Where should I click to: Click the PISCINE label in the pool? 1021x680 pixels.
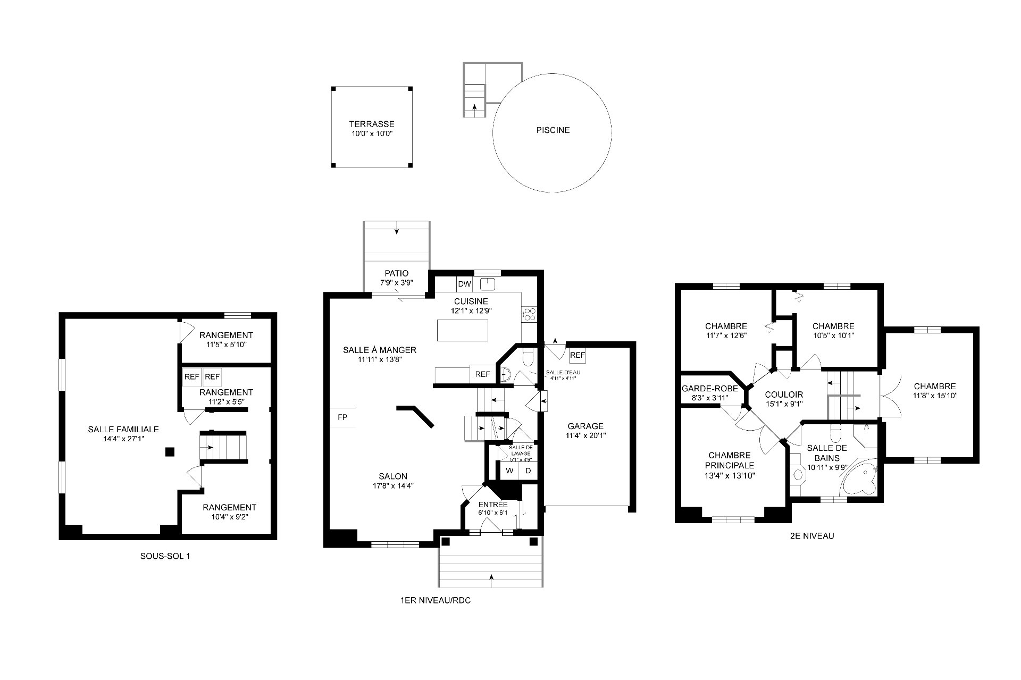(x=553, y=130)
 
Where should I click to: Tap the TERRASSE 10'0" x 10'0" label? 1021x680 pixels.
(x=372, y=129)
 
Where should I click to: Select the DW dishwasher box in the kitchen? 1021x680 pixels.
(x=464, y=284)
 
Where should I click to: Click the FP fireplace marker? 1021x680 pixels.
(x=342, y=417)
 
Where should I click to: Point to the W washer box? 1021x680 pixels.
(x=509, y=471)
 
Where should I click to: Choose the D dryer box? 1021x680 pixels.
(x=528, y=471)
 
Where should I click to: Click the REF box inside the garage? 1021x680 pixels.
(x=578, y=355)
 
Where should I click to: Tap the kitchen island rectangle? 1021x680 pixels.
(x=463, y=330)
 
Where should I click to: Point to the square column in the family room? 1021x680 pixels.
(x=170, y=452)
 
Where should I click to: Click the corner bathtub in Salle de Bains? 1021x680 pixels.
(x=859, y=480)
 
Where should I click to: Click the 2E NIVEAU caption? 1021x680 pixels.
(x=812, y=536)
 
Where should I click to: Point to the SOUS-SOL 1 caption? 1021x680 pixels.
(x=165, y=556)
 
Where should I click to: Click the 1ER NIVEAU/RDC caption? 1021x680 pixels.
(x=436, y=601)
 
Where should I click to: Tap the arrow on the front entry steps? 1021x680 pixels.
(x=491, y=576)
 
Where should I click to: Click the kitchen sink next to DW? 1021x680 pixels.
(x=488, y=284)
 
